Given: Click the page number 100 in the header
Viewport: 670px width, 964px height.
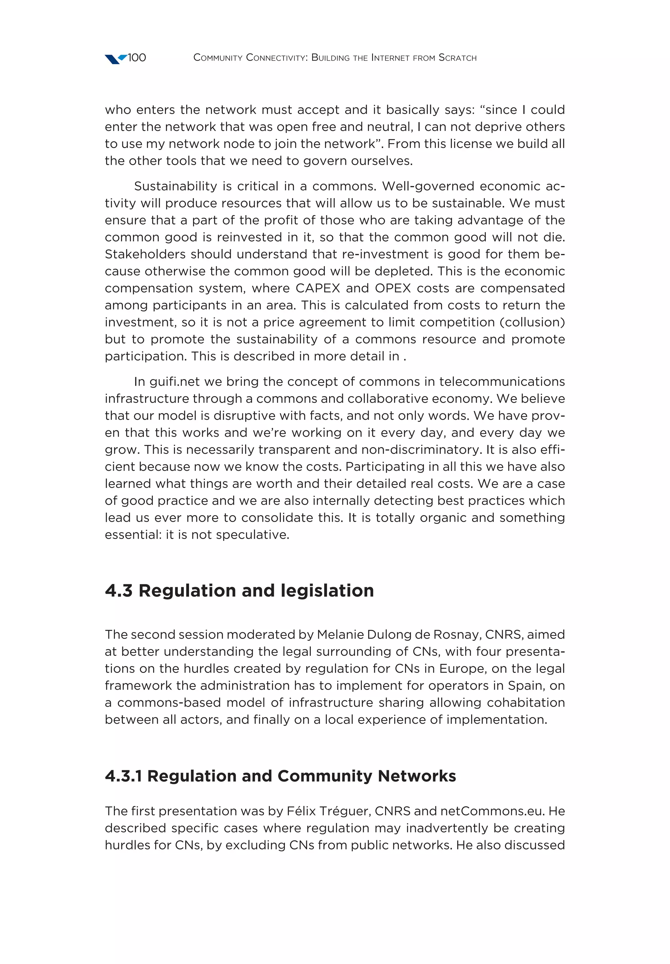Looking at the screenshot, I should click(136, 58).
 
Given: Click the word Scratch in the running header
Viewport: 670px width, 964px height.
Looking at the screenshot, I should click(457, 58).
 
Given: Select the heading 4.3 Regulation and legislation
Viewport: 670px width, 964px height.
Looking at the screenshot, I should click(239, 591).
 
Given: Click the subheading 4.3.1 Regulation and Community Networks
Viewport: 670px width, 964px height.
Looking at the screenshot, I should click(280, 776).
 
